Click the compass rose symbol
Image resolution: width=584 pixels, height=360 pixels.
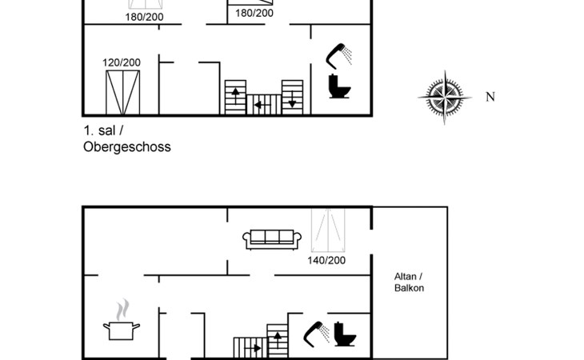pyautogui.click(x=440, y=97)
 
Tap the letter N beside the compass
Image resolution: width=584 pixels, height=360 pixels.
pyautogui.click(x=490, y=97)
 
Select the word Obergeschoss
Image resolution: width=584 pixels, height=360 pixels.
pyautogui.click(x=126, y=147)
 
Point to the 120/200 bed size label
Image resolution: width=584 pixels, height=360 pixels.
pyautogui.click(x=122, y=62)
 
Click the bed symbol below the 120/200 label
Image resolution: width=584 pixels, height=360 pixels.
pyautogui.click(x=122, y=92)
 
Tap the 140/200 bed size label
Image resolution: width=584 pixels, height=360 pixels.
pyautogui.click(x=326, y=260)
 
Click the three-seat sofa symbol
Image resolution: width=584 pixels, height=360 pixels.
pyautogui.click(x=272, y=238)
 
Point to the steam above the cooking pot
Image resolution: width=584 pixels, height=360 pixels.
pyautogui.click(x=122, y=309)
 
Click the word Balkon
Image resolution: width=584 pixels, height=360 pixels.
pyautogui.click(x=409, y=287)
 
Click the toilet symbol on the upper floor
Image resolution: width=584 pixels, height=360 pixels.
pyautogui.click(x=340, y=86)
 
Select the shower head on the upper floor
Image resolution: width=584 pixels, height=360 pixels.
pyautogui.click(x=339, y=54)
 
